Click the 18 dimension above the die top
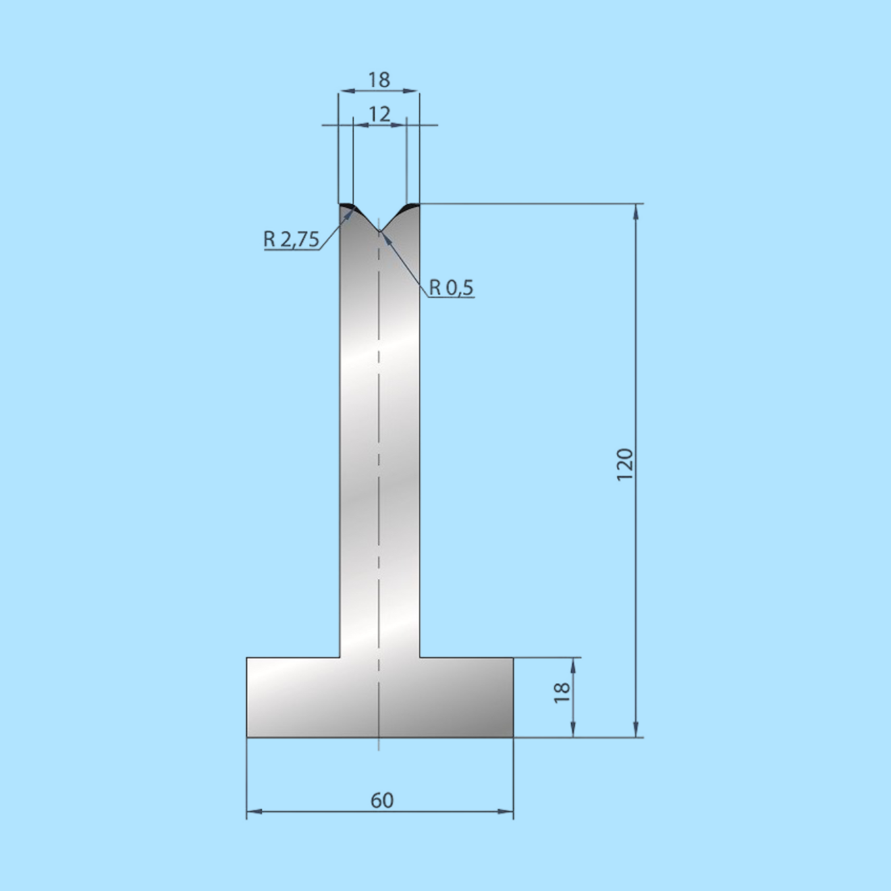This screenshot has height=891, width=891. pos(379,80)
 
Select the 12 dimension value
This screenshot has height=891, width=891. pos(379,113)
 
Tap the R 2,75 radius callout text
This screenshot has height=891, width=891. pos(291,239)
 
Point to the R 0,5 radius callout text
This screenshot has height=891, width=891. pos(452,288)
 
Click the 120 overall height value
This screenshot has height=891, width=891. pos(625,464)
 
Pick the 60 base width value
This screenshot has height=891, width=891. pos(381,800)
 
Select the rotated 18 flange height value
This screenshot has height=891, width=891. pos(562,693)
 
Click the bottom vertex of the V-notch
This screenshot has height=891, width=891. pos(380,232)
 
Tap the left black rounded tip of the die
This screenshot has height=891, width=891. pos(347,205)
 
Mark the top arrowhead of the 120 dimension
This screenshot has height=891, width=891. pos(636,211)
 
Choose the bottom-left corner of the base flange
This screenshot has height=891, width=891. pos(247,737)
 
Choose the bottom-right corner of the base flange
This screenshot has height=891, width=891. pos(513,737)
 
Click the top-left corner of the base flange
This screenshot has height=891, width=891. pos(247,657)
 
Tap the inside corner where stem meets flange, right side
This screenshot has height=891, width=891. pos(420,657)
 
